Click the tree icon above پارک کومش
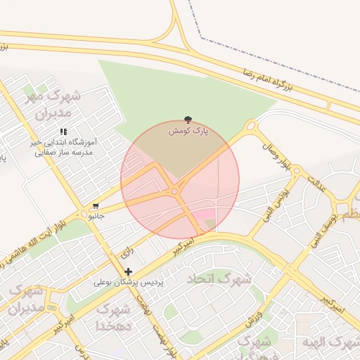pyautogui.click(x=188, y=120)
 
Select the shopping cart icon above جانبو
pyautogui.click(x=96, y=207)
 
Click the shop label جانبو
pyautogui.click(x=96, y=216)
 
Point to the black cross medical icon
pyautogui.click(x=128, y=271)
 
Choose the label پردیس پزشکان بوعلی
pyautogui.click(x=128, y=282)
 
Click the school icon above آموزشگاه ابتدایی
pyautogui.click(x=63, y=131)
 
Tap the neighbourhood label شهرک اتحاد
pyautogui.click(x=219, y=278)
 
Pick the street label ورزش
pyautogui.click(x=254, y=318)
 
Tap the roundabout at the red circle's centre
pyautogui.click(x=174, y=191)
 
